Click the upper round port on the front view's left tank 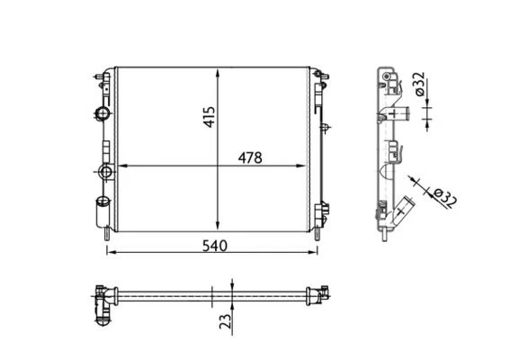[x=101, y=113]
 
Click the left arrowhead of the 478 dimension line [x=123, y=166]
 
